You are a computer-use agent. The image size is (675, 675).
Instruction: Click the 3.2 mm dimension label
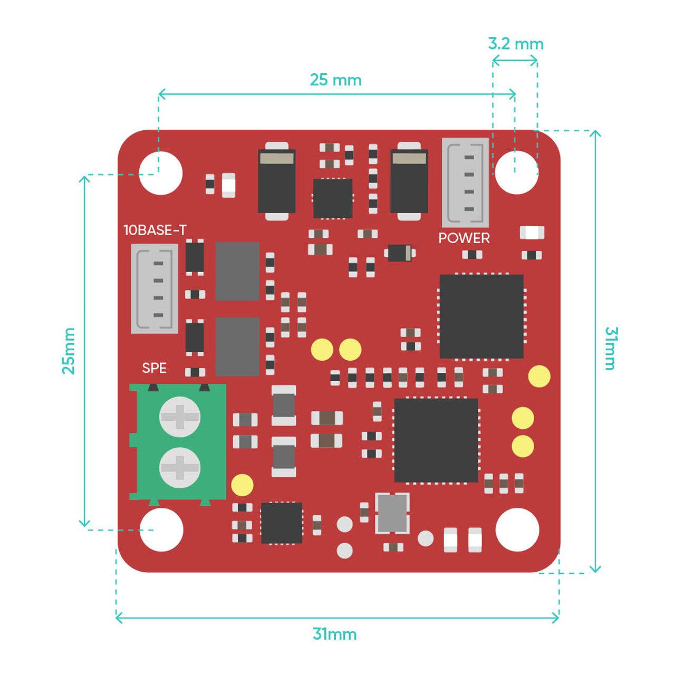pyautogui.click(x=515, y=43)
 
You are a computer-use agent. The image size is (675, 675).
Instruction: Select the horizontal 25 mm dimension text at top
pyautogui.click(x=335, y=80)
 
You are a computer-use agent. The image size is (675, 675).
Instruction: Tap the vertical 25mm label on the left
pyautogui.click(x=69, y=351)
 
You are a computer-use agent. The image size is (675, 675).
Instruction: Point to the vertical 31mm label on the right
pyautogui.click(x=610, y=349)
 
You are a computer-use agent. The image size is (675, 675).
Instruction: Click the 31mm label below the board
pyautogui.click(x=334, y=633)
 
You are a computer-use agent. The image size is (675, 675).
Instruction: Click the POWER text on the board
pyautogui.click(x=464, y=238)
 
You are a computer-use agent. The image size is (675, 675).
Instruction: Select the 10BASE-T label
pyautogui.click(x=155, y=230)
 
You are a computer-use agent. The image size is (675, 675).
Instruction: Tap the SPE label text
pyautogui.click(x=154, y=368)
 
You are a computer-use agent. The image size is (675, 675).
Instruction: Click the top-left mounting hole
pyautogui.click(x=161, y=173)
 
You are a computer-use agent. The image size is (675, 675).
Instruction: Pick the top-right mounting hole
pyautogui.click(x=517, y=172)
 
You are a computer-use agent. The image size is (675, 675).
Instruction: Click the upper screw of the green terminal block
pyautogui.click(x=180, y=417)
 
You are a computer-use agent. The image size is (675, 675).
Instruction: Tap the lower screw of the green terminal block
pyautogui.click(x=180, y=467)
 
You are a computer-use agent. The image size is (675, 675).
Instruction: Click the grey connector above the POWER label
pyautogui.click(x=465, y=182)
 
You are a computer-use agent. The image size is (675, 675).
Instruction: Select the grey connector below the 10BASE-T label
pyautogui.click(x=154, y=288)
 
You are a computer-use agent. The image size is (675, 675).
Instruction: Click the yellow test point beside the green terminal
pyautogui.click(x=242, y=485)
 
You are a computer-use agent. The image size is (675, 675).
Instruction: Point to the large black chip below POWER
pyautogui.click(x=481, y=316)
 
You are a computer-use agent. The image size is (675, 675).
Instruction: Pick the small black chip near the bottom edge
pyautogui.click(x=282, y=523)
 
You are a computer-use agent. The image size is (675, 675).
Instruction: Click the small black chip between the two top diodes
pyautogui.click(x=333, y=198)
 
